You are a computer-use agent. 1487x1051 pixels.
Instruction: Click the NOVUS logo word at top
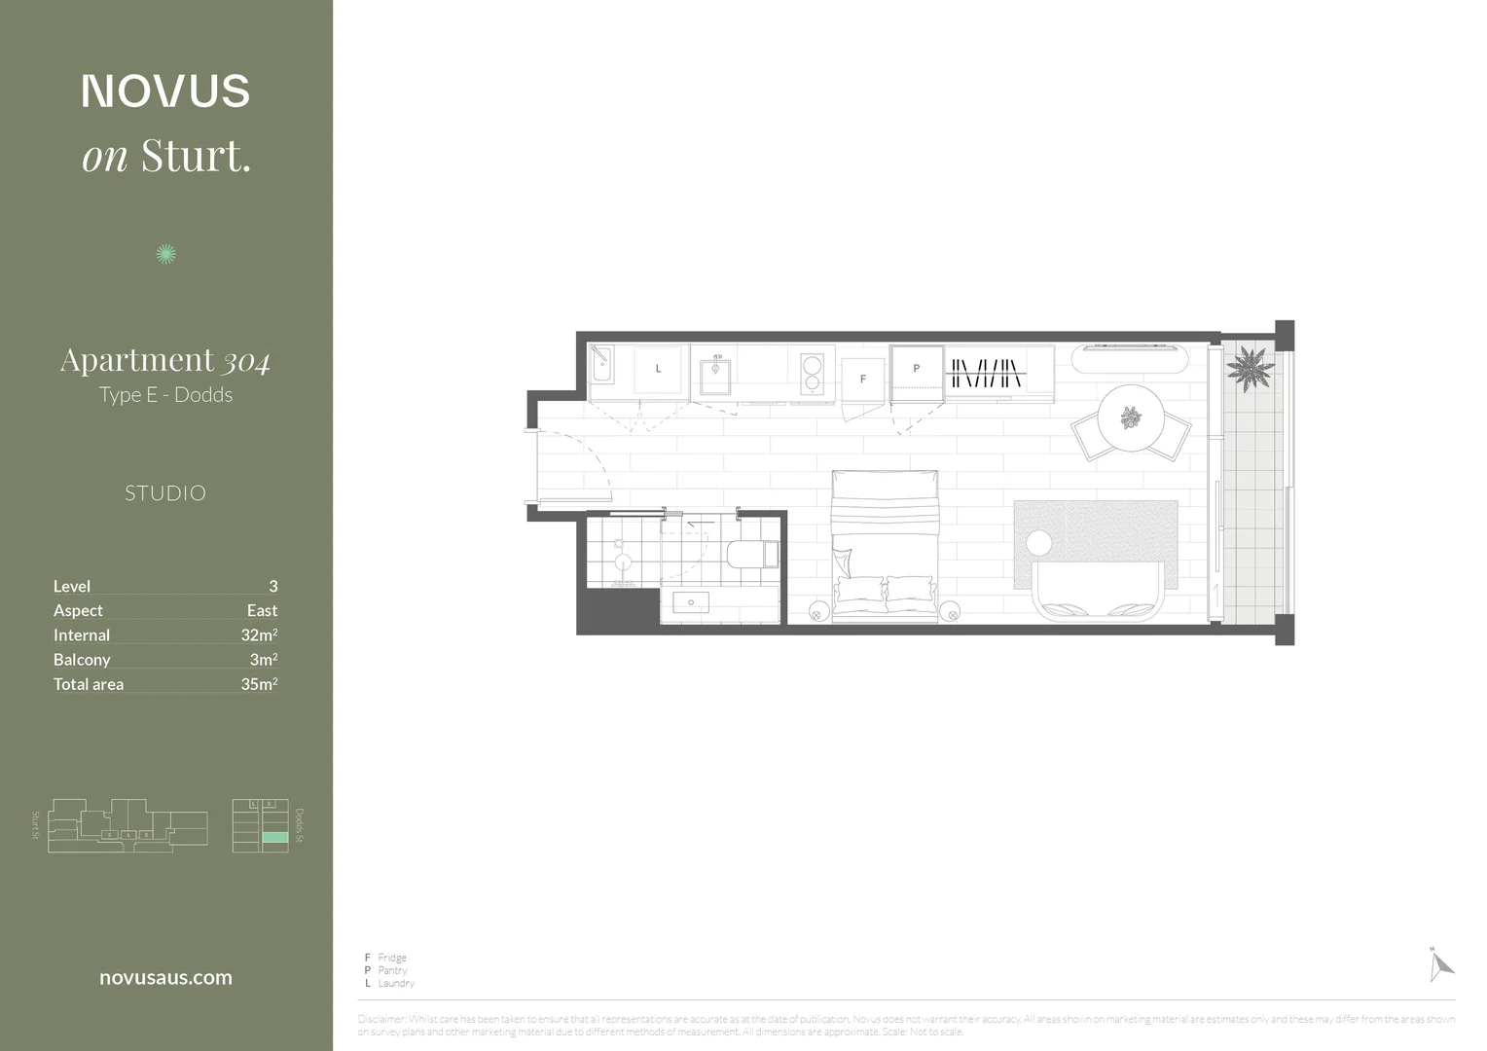165,91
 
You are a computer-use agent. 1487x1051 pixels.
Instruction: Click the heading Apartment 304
165,361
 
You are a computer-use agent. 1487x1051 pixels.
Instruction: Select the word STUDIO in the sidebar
165,493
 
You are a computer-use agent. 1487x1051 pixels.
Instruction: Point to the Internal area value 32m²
259,635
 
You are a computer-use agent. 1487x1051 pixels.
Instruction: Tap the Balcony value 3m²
264,660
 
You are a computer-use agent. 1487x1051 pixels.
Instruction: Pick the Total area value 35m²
259,684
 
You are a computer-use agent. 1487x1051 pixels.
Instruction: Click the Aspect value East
262,611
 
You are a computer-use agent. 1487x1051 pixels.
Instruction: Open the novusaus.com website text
165,978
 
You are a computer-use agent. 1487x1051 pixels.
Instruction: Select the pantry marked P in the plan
916,370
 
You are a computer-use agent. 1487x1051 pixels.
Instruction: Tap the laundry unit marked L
659,370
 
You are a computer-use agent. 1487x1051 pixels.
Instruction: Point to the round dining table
1130,418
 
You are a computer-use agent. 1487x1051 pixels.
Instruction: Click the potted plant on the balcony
1249,369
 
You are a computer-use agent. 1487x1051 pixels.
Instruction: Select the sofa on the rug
1099,591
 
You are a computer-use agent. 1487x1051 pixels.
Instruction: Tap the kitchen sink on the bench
715,374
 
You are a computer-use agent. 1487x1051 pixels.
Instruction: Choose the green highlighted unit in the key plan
275,837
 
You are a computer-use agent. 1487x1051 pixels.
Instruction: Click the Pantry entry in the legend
392,970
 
